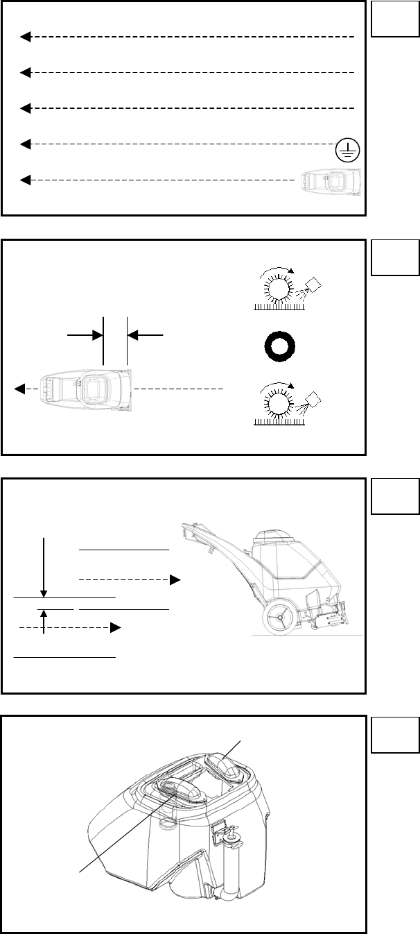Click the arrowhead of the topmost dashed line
[25, 36]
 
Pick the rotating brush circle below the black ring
[278, 403]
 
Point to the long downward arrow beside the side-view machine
[44, 565]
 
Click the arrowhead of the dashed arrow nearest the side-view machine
[176, 578]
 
